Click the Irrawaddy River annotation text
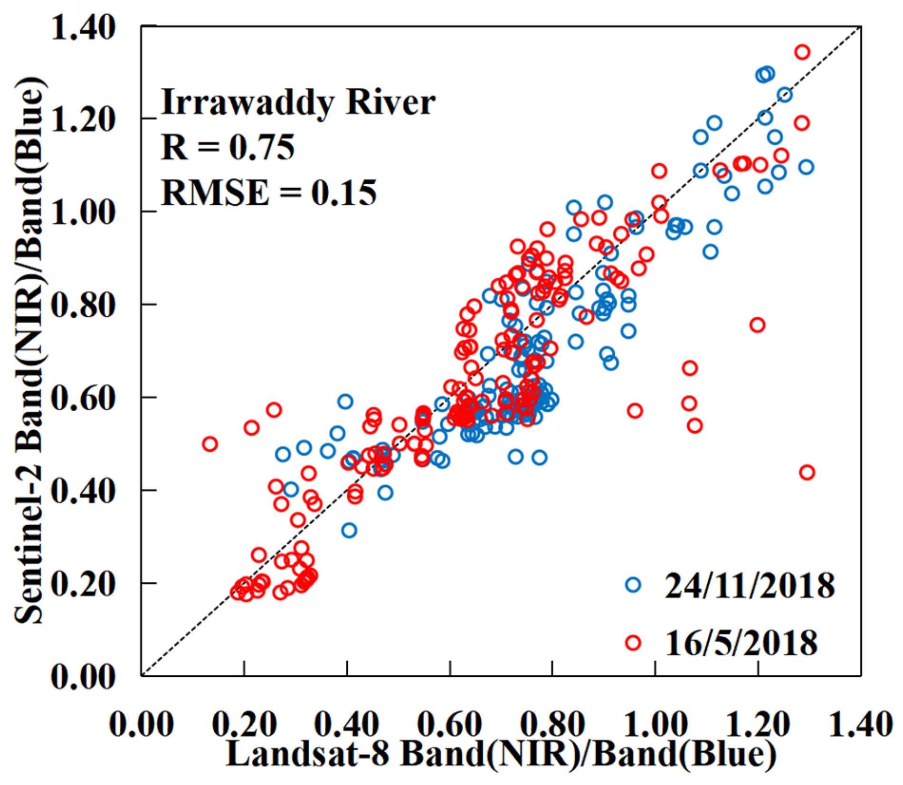point(298,103)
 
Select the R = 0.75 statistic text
point(228,147)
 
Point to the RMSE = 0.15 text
point(269,192)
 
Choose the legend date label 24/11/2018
point(749,585)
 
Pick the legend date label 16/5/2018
point(741,643)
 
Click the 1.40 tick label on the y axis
point(83,28)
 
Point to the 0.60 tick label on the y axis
point(83,397)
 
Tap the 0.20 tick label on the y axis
point(83,584)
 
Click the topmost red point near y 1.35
point(802,52)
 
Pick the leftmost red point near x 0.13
point(210,445)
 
